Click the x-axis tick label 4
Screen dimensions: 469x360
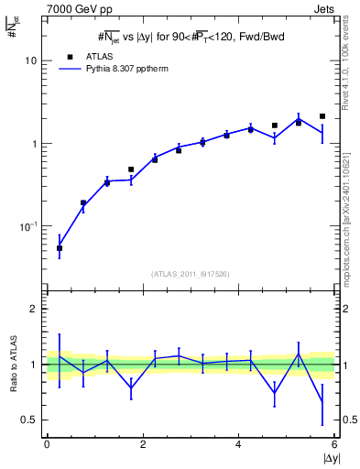[x=238, y=445]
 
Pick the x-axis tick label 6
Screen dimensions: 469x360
[x=334, y=445]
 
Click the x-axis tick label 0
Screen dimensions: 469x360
[x=46, y=445]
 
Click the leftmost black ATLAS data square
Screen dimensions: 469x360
[x=60, y=248]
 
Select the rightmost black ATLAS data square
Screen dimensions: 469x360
[x=322, y=116]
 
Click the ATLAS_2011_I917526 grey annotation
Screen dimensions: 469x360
[x=190, y=273]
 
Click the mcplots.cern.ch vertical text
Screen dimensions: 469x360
[x=345, y=206]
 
